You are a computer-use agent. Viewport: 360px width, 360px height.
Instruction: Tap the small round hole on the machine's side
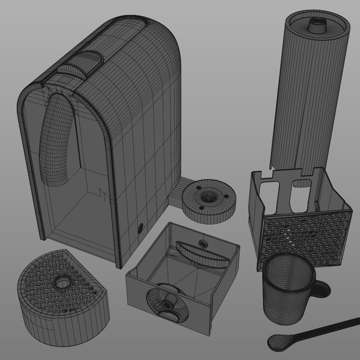(x=140, y=228)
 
